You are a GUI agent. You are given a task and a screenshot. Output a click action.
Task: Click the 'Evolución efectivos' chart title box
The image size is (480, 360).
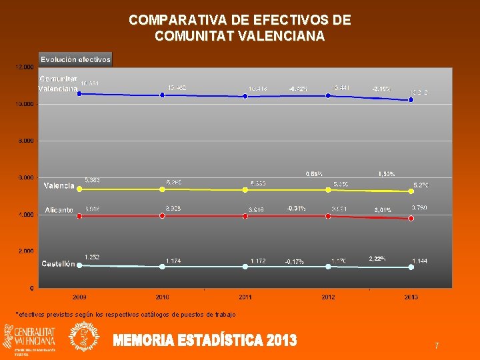[75, 59]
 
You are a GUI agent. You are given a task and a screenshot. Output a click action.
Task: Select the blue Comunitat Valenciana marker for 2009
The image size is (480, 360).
[79, 94]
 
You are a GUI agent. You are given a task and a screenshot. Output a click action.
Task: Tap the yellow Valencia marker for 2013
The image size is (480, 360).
[411, 192]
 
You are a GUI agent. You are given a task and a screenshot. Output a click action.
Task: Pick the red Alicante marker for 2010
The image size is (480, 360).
[162, 215]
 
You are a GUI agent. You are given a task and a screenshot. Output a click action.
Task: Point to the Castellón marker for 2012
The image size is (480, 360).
[328, 267]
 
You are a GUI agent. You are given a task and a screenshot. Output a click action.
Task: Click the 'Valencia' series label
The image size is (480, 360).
[59, 185]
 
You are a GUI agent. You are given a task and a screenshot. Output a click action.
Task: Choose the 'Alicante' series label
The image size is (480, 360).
[59, 210]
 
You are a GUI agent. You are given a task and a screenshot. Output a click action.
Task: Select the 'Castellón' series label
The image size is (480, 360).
[58, 264]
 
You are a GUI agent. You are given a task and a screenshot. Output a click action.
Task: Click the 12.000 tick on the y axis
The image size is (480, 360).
[24, 67]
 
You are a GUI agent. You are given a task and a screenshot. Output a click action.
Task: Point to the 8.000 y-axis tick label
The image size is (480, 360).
[25, 141]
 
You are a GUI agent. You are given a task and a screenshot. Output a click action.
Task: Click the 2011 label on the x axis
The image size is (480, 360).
[245, 297]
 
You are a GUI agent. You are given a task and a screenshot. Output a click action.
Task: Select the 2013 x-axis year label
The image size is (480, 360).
[411, 297]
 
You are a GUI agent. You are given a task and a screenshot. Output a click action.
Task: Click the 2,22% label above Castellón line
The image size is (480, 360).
[378, 258]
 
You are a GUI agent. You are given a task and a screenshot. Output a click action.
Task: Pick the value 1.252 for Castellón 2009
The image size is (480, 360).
[92, 257]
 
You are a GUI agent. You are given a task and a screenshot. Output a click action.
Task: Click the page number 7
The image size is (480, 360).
[436, 346]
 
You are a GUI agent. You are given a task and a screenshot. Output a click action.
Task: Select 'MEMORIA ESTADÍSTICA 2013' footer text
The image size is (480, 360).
[205, 341]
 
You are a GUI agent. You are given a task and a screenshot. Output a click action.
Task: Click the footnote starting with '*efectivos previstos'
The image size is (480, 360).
[125, 314]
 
